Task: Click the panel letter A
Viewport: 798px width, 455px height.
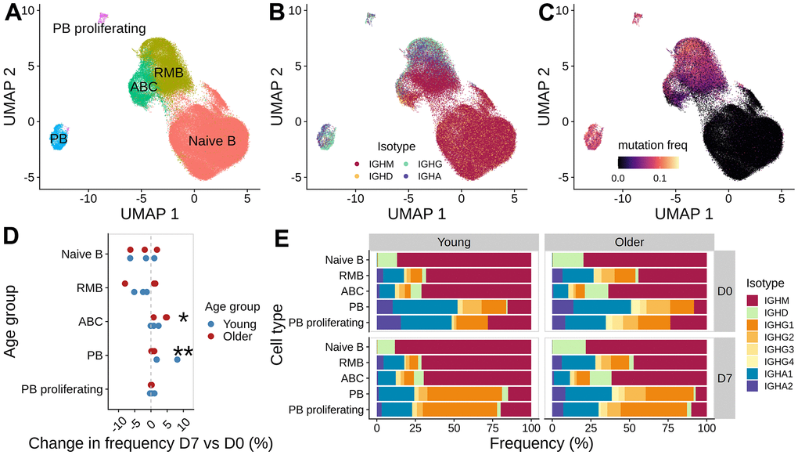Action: [14, 13]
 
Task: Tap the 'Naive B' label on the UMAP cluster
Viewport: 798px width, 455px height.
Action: [212, 142]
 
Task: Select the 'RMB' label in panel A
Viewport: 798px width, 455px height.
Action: [168, 73]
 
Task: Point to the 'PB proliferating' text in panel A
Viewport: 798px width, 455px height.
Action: [99, 29]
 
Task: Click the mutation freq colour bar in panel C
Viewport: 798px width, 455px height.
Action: [646, 162]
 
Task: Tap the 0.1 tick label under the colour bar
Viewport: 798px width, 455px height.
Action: [659, 179]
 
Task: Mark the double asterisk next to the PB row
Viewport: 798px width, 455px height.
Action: [183, 353]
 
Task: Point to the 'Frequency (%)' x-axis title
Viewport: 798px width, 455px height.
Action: [541, 442]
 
